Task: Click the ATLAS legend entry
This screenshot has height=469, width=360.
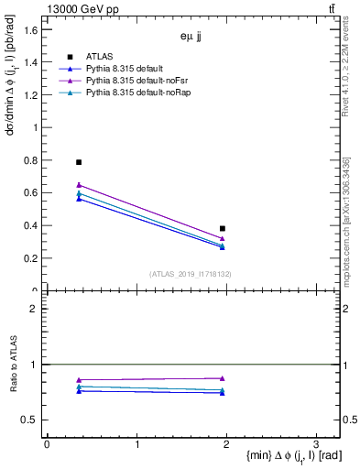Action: point(102,57)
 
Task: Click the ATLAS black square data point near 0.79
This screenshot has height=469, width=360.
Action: point(79,162)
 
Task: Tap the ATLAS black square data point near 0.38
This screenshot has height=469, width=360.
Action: point(223,229)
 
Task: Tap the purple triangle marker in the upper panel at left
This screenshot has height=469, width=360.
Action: point(79,185)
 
